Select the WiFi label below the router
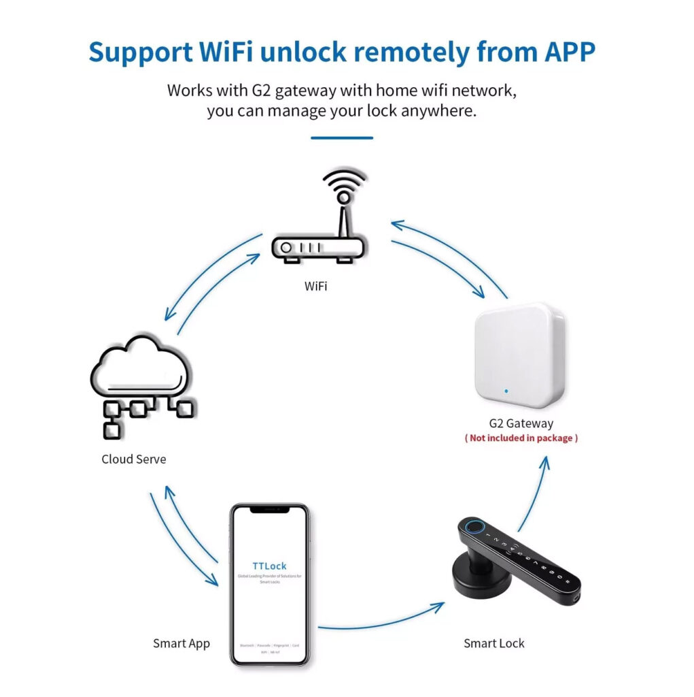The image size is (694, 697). point(315,286)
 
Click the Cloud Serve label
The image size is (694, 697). point(133,459)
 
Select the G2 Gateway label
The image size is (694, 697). point(521,423)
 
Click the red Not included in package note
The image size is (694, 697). point(521,438)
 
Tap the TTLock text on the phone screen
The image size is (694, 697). point(269,566)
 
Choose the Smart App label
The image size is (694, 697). point(181,643)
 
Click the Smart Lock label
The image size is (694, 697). point(494,643)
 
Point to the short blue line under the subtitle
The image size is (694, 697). point(342,138)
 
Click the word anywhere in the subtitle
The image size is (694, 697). point(438,110)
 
